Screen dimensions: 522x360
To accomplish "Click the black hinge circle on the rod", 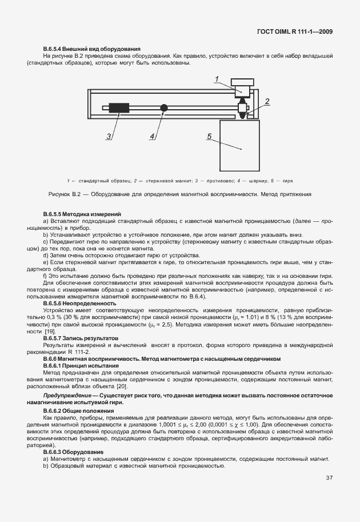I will tap(164, 107).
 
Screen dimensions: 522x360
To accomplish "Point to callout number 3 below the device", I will tap(108, 136).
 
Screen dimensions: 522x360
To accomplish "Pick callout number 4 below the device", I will tap(152, 136).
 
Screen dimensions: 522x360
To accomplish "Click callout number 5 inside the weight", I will tap(210, 136).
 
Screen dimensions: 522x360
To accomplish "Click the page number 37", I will tap(329, 478).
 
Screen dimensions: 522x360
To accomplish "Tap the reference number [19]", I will tap(50, 332).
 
